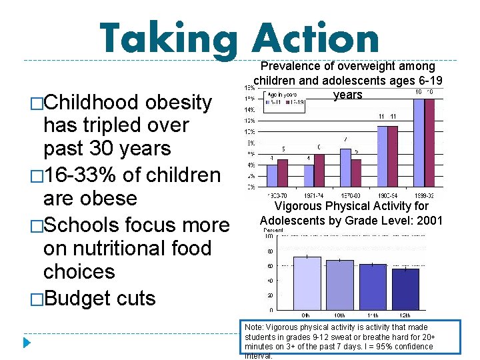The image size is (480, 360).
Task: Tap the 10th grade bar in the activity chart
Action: pos(340,285)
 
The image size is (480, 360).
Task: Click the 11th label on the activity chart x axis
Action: pos(373,315)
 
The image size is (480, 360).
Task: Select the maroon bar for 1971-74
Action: pos(319,171)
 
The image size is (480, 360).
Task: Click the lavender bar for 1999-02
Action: pos(419,143)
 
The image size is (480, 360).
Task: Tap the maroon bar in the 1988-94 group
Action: pos(393,157)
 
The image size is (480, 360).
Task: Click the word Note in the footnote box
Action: pos(253,328)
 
